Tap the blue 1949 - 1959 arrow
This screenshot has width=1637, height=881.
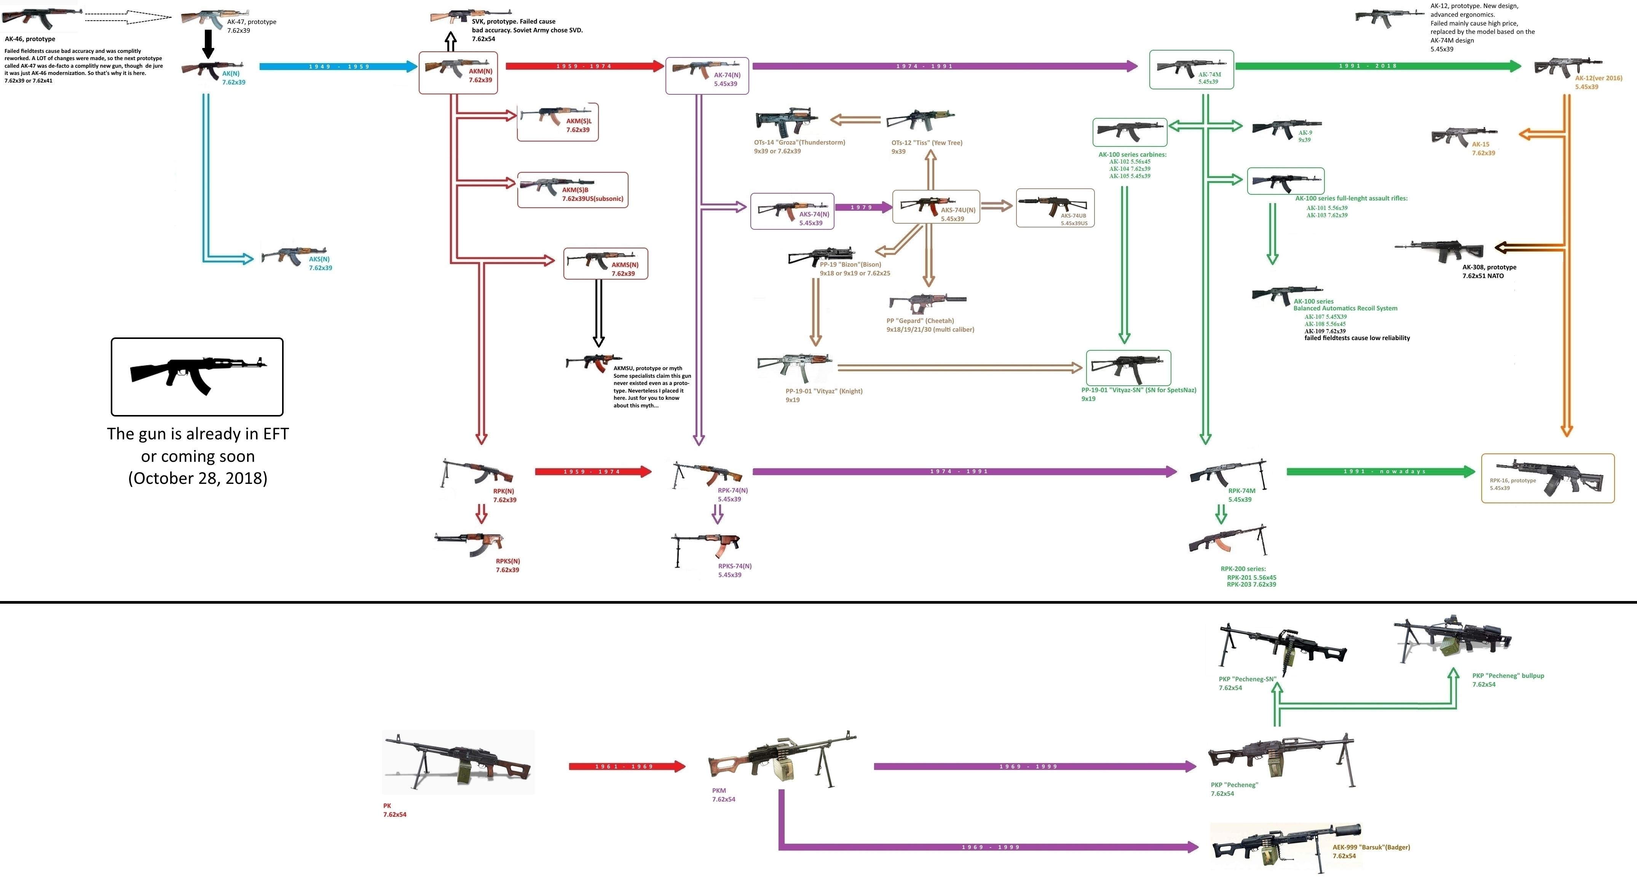click(338, 66)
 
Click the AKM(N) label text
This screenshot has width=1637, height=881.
click(480, 71)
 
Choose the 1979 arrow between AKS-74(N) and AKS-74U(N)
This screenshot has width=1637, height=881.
click(862, 207)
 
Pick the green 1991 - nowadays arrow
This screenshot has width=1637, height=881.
click(1379, 471)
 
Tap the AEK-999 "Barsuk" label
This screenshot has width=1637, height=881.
click(1371, 848)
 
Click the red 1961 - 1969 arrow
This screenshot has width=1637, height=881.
click(626, 767)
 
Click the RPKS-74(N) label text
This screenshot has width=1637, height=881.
click(735, 566)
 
